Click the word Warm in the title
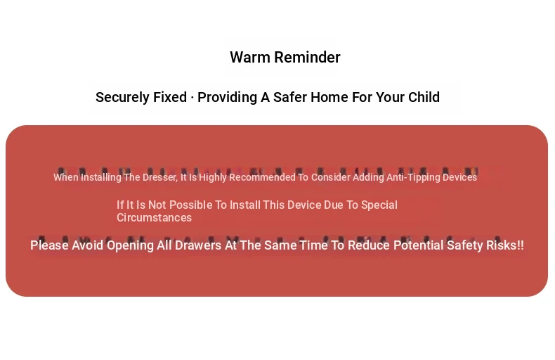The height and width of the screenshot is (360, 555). click(250, 58)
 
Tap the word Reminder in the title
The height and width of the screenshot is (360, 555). click(307, 58)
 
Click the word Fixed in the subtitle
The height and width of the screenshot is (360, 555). click(170, 97)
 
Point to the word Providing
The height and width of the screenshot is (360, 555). click(227, 98)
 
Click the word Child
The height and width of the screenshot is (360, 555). click(424, 97)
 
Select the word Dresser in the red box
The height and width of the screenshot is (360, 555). click(160, 177)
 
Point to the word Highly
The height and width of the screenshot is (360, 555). click(213, 177)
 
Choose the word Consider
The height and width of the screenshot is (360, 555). click(331, 177)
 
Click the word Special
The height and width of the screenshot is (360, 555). click(379, 205)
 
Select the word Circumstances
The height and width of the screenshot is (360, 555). click(155, 217)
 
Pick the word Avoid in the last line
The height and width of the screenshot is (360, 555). click(87, 245)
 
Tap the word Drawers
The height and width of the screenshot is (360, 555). click(198, 245)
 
